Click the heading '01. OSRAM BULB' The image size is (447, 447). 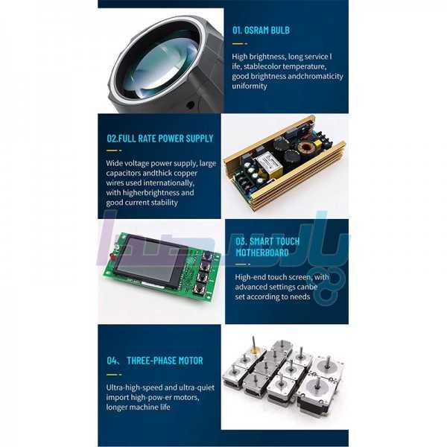tap(261, 31)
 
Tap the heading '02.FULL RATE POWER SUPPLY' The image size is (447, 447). tap(160, 139)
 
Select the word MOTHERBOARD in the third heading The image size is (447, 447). tap(262, 253)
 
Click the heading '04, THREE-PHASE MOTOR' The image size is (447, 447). tap(155, 361)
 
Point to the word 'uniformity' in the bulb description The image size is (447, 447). tap(250, 86)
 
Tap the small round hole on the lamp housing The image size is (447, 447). tap(190, 105)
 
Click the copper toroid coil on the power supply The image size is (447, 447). tap(306, 148)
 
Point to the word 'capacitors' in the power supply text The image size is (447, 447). tap(124, 174)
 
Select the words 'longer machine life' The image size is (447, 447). tap(138, 407)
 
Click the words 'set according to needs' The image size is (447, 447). tap(272, 297)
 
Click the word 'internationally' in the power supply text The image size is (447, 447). tap(168, 183)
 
